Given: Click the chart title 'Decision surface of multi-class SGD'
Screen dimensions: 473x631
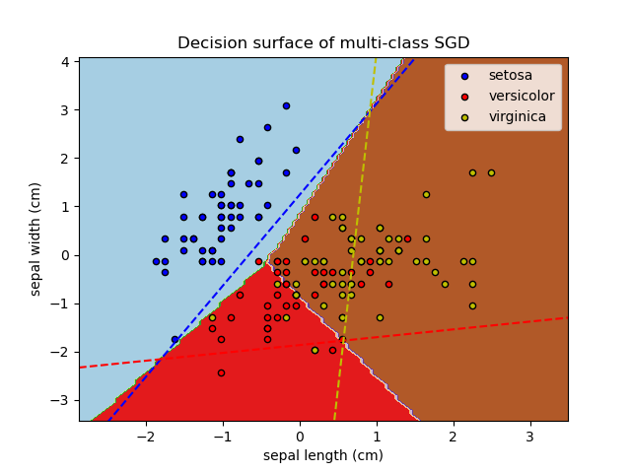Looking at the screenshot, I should (323, 43).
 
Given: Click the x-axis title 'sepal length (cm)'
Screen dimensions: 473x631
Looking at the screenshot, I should (323, 455).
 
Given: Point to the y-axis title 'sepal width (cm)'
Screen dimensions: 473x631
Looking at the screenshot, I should (35, 238).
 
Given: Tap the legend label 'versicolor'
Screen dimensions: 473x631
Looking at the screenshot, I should (521, 96).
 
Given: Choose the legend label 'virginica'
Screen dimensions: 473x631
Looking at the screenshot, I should (516, 116).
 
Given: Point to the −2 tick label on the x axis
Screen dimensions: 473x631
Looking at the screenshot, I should (146, 436).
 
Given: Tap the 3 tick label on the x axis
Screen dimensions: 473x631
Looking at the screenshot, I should (529, 436).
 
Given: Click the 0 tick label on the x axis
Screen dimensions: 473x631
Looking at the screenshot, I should (300, 436).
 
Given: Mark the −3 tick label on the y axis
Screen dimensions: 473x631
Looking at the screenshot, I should (62, 400).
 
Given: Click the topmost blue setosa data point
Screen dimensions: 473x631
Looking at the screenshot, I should (286, 105).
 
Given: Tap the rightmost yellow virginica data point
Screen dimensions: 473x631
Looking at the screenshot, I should (491, 172).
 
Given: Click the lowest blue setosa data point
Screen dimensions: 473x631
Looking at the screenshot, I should (175, 339).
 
